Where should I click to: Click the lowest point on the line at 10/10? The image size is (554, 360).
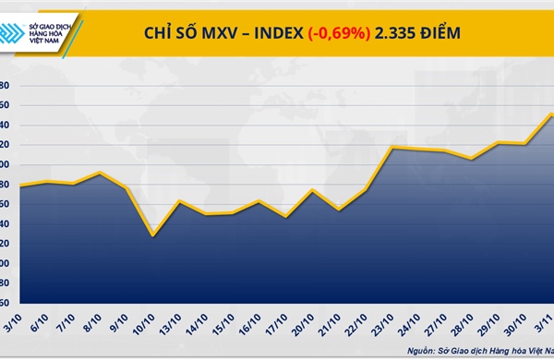(x=152, y=235)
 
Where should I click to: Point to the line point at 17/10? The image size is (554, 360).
(x=286, y=217)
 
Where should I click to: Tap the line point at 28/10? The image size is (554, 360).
(x=472, y=159)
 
